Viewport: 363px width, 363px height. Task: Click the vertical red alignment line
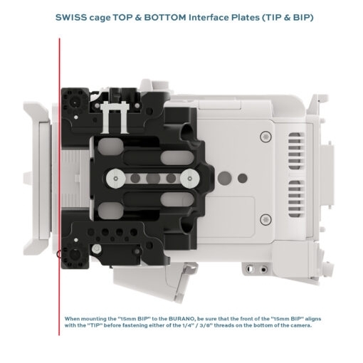point(59,186)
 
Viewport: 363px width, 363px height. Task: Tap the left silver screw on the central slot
point(116,179)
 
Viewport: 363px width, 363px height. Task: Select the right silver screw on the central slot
point(190,179)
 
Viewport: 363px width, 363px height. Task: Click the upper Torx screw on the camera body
point(266,137)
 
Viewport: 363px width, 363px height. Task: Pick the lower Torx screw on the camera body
point(266,219)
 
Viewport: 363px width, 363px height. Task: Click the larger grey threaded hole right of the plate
point(225,178)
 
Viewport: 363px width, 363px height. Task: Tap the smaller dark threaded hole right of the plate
point(242,178)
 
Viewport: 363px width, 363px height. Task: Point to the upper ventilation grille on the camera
point(296,151)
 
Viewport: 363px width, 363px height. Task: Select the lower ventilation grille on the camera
point(296,199)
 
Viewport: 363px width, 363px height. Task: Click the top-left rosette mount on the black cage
point(75,102)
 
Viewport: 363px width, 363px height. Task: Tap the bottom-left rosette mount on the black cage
point(75,255)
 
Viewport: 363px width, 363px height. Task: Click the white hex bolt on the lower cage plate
point(96,248)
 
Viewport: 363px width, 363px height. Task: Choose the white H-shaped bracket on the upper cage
point(115,117)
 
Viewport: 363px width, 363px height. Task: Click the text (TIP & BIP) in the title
point(288,17)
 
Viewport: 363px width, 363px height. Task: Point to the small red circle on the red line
point(58,255)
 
